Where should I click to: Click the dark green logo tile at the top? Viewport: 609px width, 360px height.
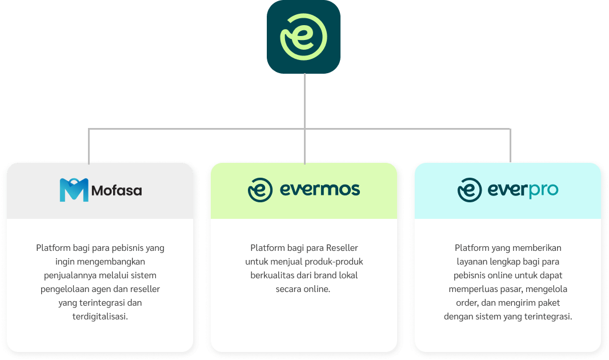(x=303, y=37)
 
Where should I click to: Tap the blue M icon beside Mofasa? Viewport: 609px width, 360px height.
(x=74, y=190)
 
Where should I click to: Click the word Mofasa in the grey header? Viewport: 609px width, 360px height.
(x=117, y=190)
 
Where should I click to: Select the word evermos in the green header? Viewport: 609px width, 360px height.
(x=320, y=190)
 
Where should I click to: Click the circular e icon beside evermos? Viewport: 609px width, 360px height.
(x=260, y=190)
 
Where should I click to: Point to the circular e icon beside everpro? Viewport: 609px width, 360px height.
(x=470, y=190)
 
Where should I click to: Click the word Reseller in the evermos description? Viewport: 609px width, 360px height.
(x=342, y=248)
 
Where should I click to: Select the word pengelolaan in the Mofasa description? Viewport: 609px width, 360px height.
(x=63, y=289)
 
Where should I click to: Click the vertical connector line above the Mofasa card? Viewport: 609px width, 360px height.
(x=89, y=146)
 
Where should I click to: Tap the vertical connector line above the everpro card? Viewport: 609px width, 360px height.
(x=510, y=146)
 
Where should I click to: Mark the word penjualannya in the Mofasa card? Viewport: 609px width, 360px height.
(x=69, y=275)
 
